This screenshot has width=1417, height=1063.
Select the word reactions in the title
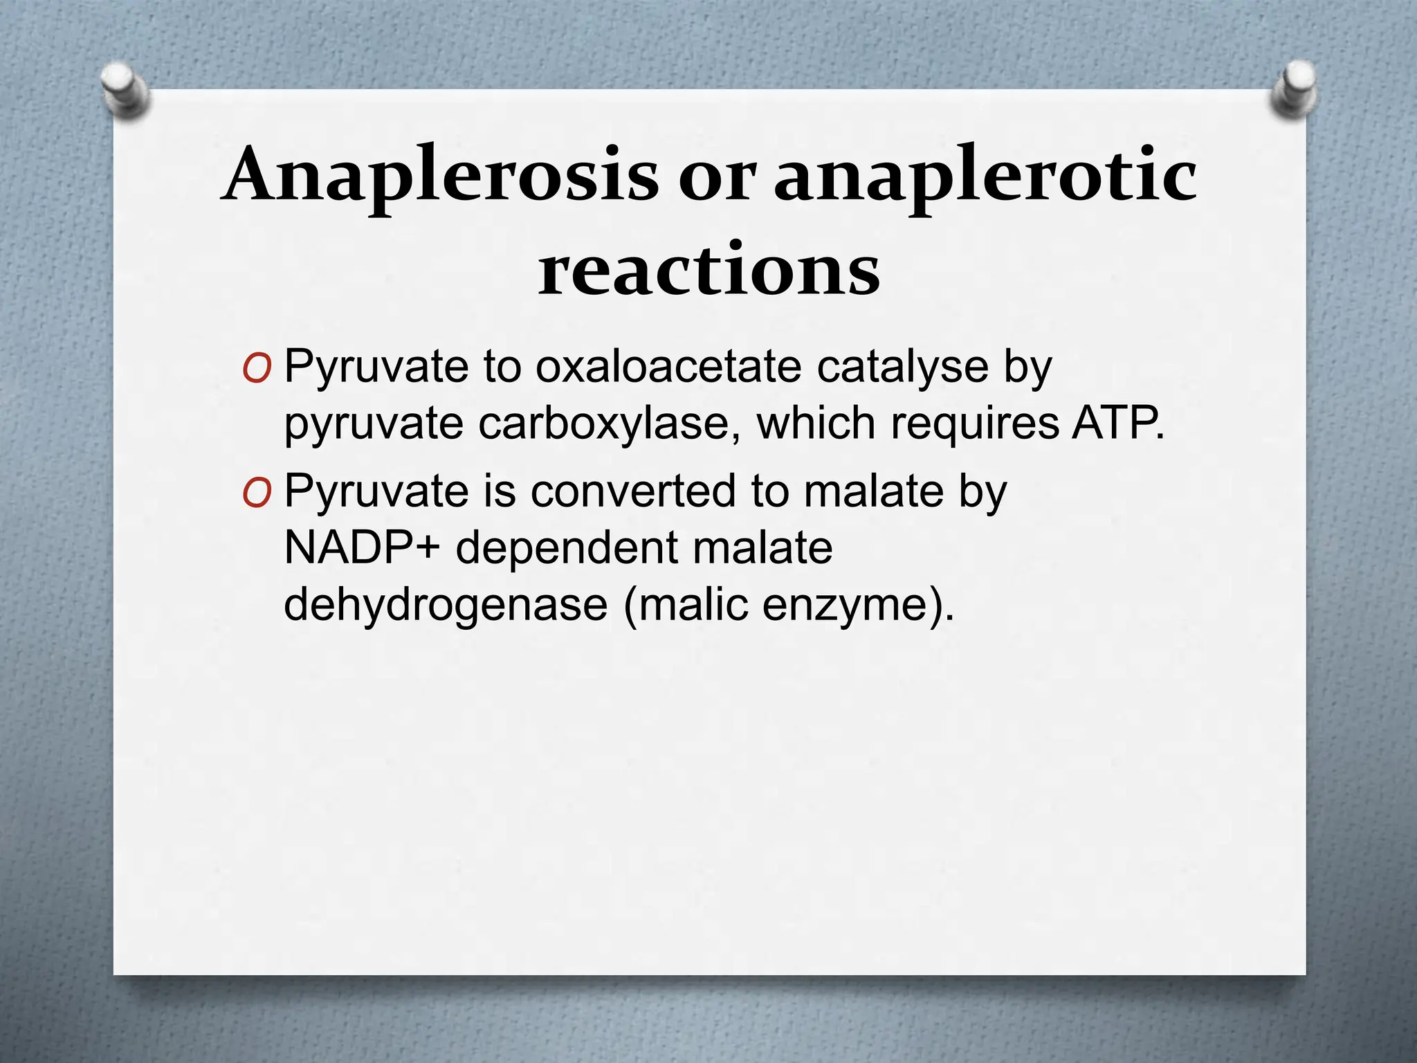click(x=709, y=270)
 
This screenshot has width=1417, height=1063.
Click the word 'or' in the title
click(x=715, y=179)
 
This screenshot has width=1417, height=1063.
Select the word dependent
click(x=567, y=548)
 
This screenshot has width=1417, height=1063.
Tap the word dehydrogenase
click(x=446, y=605)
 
